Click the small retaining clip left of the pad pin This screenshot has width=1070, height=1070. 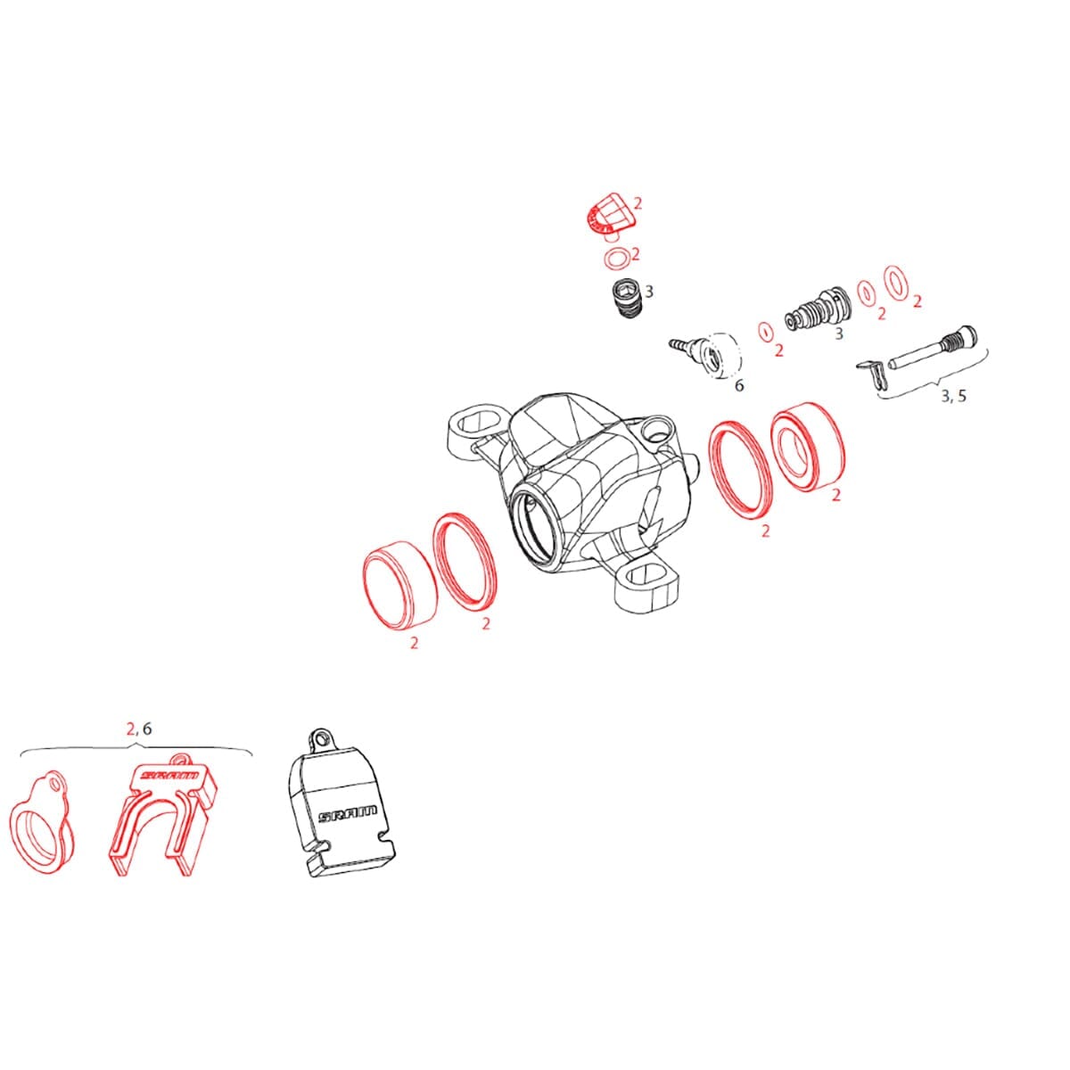click(870, 373)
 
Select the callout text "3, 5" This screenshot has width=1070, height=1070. click(953, 396)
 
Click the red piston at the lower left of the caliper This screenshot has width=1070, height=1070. click(399, 585)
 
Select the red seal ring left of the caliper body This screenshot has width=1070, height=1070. click(465, 559)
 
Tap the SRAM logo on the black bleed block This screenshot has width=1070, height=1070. click(348, 815)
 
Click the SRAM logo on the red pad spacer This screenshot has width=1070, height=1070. click(169, 775)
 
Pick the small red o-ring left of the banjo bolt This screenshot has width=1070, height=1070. click(766, 332)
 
